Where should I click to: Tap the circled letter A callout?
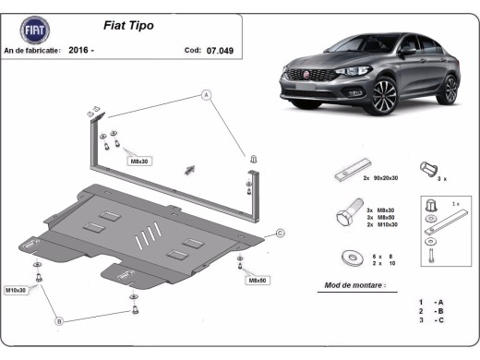tap(207, 95)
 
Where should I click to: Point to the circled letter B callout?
tap(59, 320)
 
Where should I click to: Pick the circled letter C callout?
tap(280, 233)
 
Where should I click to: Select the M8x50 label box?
tap(257, 279)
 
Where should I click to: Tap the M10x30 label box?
tap(17, 290)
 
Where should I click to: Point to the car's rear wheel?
tap(450, 90)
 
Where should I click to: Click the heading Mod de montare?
tap(352, 285)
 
